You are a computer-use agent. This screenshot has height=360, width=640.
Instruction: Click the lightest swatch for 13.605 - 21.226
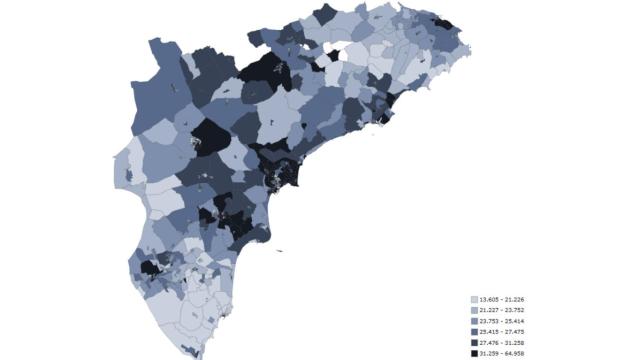[x=474, y=300]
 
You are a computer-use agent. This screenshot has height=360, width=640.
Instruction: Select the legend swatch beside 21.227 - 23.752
[x=474, y=311]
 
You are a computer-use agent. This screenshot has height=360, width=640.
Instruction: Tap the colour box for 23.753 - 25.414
[x=474, y=322]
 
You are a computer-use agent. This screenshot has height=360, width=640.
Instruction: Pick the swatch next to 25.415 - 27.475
[x=474, y=332]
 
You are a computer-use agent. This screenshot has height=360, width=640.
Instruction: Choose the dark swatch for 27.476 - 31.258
[x=474, y=343]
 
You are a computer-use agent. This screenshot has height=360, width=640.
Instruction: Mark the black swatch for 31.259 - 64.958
[x=474, y=353]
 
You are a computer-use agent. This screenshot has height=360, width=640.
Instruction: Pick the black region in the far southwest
[x=150, y=268]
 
